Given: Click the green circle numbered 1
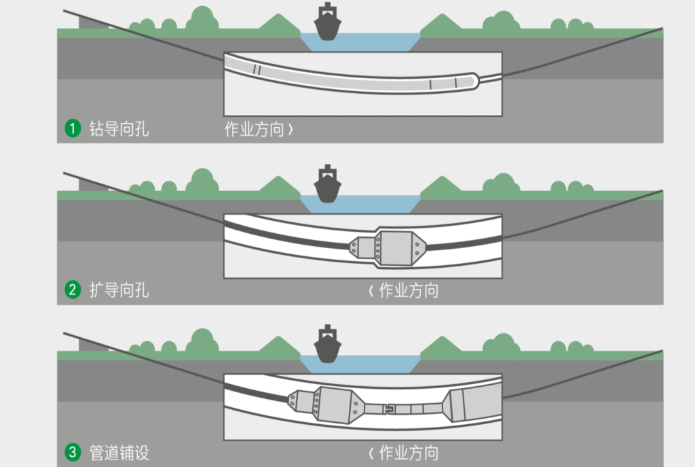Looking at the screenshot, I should pos(72,128).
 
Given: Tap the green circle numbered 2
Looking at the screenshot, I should pos(72,290).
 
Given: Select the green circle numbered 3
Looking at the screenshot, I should pos(72,452).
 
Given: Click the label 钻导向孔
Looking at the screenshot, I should pos(119,128).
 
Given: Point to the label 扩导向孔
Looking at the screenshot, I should pos(119,290).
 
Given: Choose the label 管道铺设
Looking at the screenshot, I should pos(119,452).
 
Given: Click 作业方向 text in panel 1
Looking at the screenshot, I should pos(254,129).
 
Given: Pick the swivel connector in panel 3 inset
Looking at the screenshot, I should pos(389,409).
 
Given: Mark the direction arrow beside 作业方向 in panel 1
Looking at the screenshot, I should pos(291,129).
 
